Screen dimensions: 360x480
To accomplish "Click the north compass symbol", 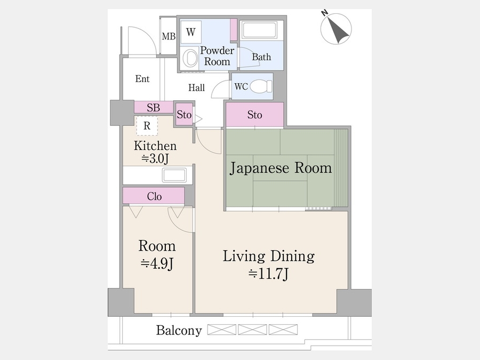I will click(336, 28).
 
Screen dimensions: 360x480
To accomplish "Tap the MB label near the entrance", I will click(169, 36).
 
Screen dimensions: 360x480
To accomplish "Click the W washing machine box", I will click(190, 33).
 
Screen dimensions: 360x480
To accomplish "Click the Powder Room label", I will click(217, 56).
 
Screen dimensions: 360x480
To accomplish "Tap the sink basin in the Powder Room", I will click(189, 57).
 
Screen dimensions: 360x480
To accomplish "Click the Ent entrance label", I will click(142, 79).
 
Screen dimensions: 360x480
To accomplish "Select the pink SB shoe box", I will click(153, 107).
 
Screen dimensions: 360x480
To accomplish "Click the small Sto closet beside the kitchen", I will click(184, 114).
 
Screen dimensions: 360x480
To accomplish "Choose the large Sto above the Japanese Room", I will click(254, 115).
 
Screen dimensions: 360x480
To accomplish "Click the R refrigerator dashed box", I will click(147, 126).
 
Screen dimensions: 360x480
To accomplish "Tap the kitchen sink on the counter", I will click(174, 175).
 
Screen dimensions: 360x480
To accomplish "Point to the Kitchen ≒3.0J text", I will click(155, 152).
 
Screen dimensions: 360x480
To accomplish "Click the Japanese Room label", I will click(281, 169).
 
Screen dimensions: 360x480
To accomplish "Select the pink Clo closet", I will click(154, 196).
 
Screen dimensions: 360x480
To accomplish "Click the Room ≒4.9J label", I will click(157, 254).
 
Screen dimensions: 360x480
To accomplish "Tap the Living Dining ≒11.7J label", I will click(268, 265).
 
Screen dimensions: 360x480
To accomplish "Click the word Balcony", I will click(179, 331).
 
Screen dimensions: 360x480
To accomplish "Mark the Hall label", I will click(197, 87).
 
